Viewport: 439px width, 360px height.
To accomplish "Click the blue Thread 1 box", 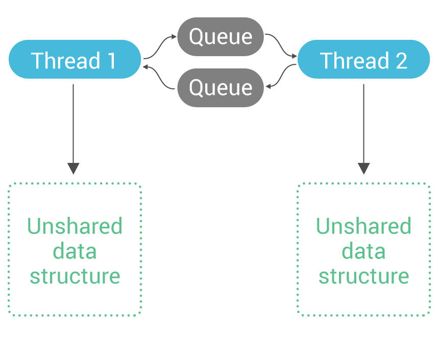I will point(75,60).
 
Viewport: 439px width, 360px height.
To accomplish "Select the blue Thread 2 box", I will point(363,60).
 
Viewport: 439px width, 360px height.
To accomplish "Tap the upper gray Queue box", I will point(221,37).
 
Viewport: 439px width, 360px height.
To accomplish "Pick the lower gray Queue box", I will point(221,88).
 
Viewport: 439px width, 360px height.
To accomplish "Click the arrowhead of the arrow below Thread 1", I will point(74,169).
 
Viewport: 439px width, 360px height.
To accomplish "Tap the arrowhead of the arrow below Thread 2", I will point(363,169).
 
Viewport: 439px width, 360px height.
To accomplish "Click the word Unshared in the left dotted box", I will point(75,226).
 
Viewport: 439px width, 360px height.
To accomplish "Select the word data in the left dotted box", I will point(75,251).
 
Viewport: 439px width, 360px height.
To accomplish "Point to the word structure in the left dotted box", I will point(75,276).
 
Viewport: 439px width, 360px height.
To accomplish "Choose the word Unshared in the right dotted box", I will point(363,226).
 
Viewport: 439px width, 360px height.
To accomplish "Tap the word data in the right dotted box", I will point(363,251).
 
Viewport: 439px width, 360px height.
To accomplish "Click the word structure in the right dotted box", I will point(363,276).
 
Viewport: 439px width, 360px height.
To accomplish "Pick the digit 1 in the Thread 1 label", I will point(111,60).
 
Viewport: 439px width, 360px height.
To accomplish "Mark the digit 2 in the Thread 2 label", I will point(401,60).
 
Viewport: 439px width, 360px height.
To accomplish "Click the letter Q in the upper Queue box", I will point(197,37).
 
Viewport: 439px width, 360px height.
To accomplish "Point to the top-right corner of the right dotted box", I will point(429,184).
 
